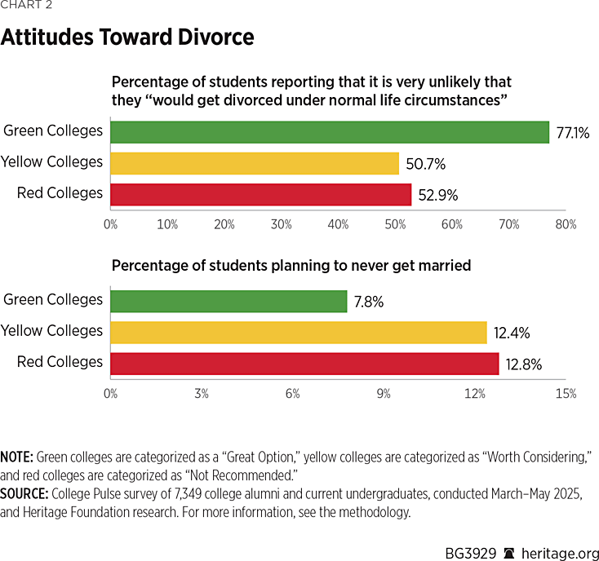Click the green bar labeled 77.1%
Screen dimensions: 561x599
point(329,131)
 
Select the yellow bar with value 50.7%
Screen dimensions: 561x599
point(254,162)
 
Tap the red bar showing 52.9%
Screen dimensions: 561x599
point(260,194)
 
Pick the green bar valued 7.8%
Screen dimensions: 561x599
point(229,301)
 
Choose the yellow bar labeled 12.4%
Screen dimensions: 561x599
point(298,332)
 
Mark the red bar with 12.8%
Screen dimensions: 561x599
point(304,363)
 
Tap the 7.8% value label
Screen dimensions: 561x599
point(369,302)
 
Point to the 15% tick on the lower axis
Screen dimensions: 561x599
point(566,393)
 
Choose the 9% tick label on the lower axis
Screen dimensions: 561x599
point(384,393)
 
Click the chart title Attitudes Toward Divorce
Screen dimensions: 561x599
point(127,38)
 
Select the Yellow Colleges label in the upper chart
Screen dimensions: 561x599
point(52,162)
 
